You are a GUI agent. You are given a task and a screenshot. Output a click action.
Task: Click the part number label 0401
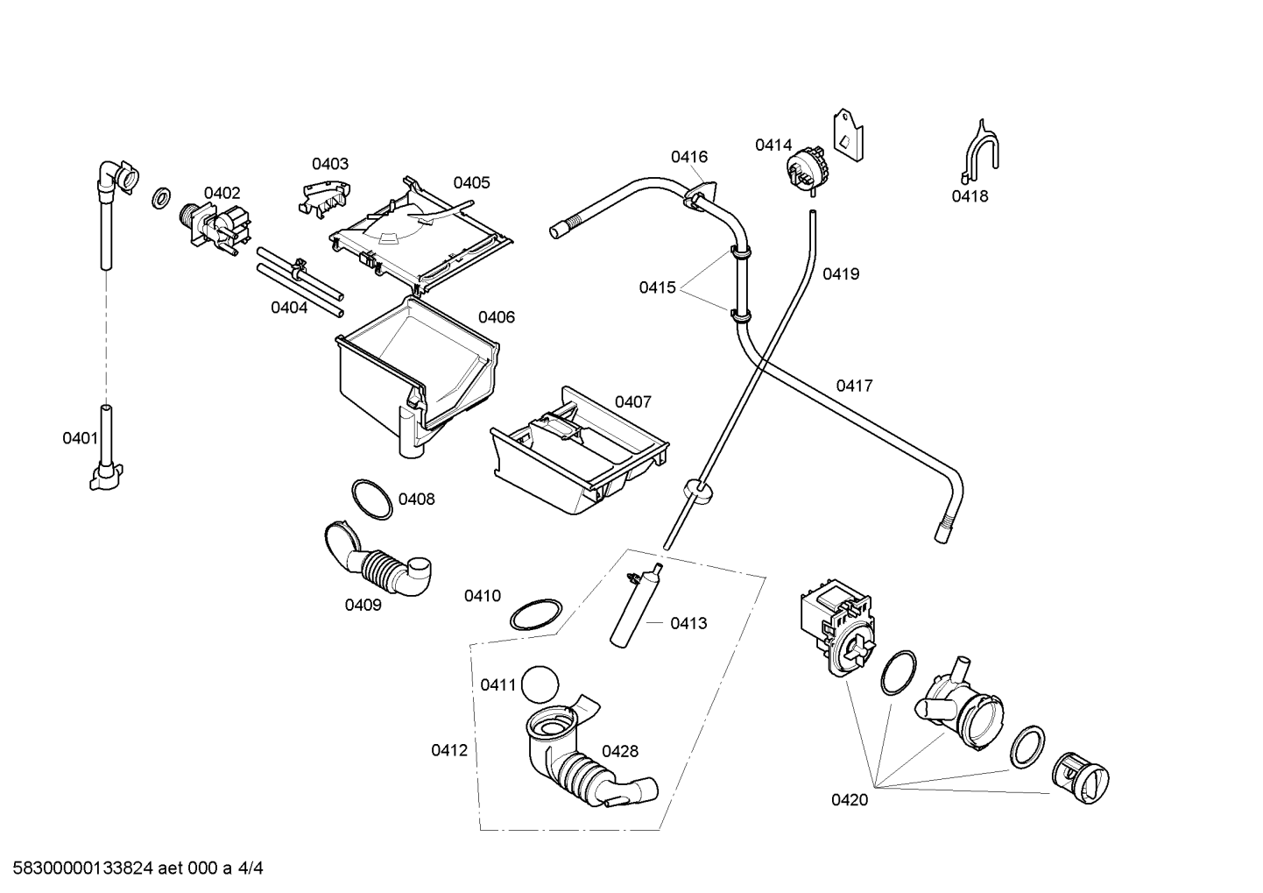pyautogui.click(x=80, y=438)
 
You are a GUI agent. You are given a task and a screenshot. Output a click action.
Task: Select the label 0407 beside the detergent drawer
pyautogui.click(x=632, y=402)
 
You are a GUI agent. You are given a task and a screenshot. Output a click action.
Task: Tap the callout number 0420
pyautogui.click(x=850, y=800)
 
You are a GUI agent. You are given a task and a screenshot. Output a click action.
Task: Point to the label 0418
pyautogui.click(x=970, y=196)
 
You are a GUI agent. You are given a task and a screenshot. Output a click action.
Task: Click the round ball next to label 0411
pyautogui.click(x=540, y=684)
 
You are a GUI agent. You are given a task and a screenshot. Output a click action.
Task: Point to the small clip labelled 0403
pyautogui.click(x=324, y=199)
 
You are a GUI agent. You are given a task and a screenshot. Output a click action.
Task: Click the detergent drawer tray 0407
pyautogui.click(x=579, y=451)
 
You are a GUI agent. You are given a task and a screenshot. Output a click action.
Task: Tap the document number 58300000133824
pyautogui.click(x=83, y=868)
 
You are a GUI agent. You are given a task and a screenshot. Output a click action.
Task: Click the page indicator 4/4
pyautogui.click(x=250, y=868)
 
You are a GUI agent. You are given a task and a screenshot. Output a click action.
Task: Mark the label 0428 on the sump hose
pyautogui.click(x=620, y=751)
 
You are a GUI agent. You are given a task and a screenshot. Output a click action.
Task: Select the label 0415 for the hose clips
pyautogui.click(x=658, y=287)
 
